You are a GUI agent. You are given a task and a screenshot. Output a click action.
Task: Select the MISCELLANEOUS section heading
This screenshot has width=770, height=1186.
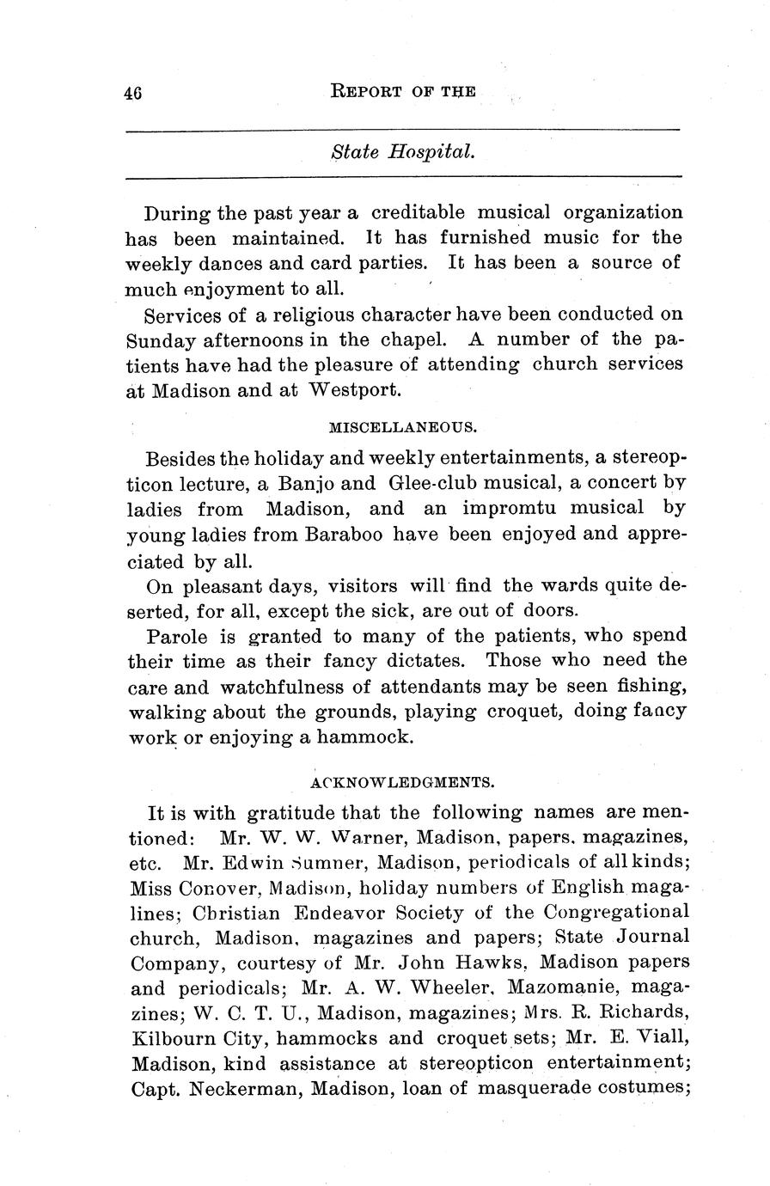point(403,426)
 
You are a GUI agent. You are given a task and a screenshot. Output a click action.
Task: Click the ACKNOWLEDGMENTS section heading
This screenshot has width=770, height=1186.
point(402,782)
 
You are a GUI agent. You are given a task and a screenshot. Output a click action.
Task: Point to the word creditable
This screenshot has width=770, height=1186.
point(419,212)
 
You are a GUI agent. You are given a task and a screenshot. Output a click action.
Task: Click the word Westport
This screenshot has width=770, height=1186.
point(353,389)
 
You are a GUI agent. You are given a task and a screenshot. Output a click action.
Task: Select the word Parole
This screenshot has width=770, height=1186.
point(178,637)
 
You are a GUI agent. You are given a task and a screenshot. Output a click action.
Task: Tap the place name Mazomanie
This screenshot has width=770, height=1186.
point(579,987)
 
